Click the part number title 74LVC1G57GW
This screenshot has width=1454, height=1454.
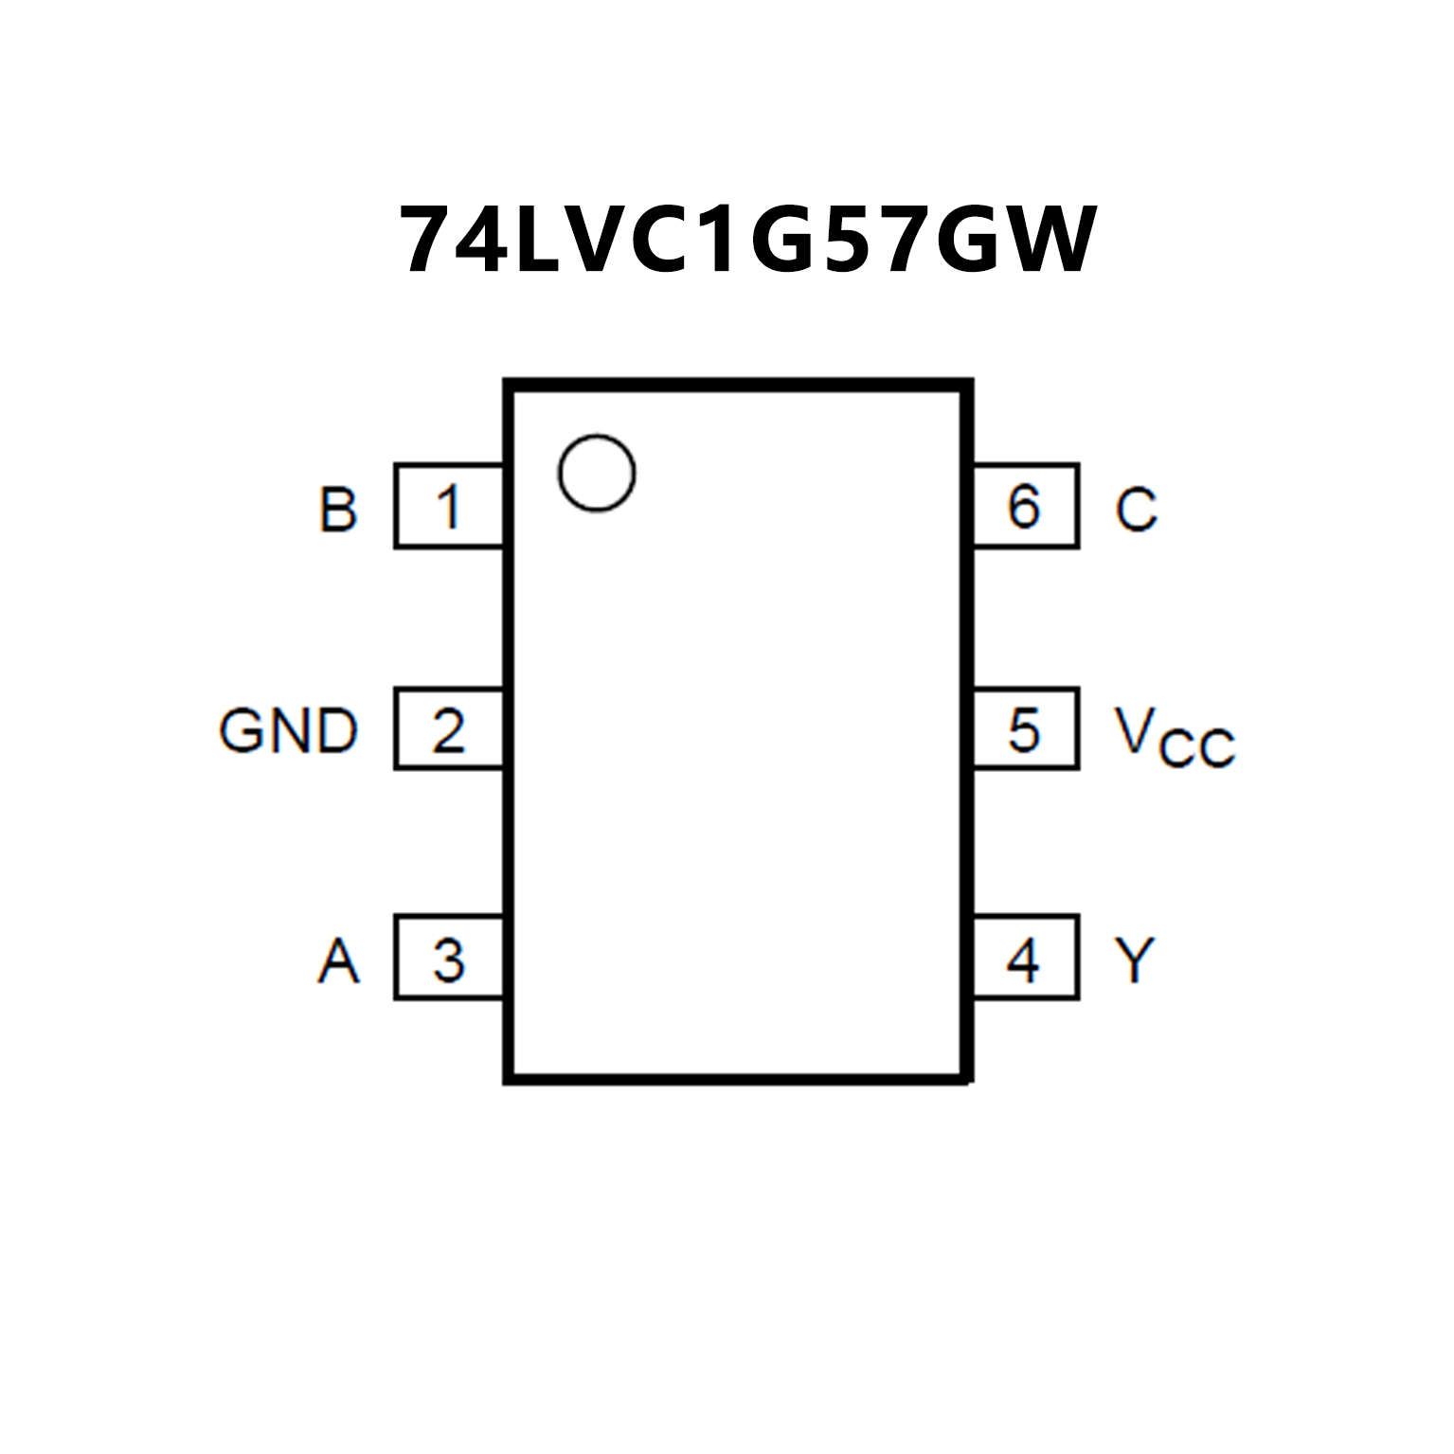click(x=747, y=241)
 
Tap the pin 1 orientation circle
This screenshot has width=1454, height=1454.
click(x=596, y=474)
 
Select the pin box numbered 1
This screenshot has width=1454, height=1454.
click(x=448, y=506)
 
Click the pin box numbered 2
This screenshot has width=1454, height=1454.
click(x=448, y=728)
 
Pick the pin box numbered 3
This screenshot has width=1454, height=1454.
click(x=448, y=958)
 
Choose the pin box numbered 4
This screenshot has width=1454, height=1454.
click(x=1026, y=958)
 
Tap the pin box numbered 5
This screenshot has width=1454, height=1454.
click(x=1026, y=728)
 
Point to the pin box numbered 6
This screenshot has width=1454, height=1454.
click(x=1026, y=506)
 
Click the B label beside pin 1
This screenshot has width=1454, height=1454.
click(x=338, y=509)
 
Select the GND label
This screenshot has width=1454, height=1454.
click(x=289, y=731)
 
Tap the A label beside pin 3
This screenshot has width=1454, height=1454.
click(x=338, y=960)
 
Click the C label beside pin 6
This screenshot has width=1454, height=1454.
click(x=1136, y=509)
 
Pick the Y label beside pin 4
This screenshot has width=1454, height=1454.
click(x=1136, y=960)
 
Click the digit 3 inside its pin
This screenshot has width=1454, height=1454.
click(x=448, y=960)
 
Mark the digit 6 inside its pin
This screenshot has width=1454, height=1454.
click(x=1024, y=506)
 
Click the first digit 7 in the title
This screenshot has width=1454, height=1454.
click(x=427, y=241)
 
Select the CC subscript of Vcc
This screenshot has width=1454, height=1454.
click(x=1198, y=749)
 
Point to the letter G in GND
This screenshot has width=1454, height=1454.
click(x=241, y=731)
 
